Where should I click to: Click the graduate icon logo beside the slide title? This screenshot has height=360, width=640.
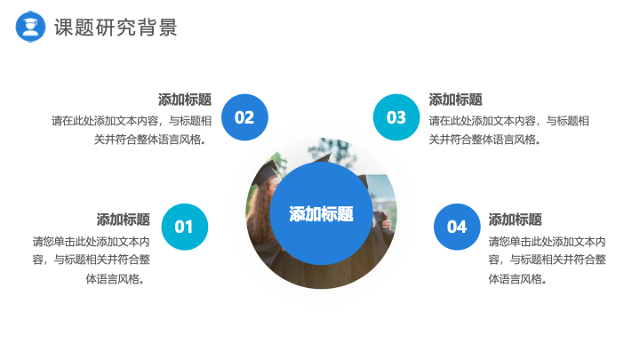tap(30, 27)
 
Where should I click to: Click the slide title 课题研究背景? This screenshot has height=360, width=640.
tap(116, 28)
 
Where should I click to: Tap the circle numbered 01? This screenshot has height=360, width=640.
tap(185, 227)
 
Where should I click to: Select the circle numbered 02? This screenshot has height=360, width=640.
tap(244, 117)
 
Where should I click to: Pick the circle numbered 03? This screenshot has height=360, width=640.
tap(396, 117)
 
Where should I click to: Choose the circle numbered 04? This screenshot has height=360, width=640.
tap(457, 227)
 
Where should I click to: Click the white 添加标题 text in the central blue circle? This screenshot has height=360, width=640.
tap(321, 214)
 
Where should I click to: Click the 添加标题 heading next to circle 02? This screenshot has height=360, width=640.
tap(185, 100)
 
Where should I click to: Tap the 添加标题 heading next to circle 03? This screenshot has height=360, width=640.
tap(455, 100)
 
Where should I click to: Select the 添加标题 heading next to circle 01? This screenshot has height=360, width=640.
tap(124, 220)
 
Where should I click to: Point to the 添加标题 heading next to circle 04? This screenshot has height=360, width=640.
tap(515, 220)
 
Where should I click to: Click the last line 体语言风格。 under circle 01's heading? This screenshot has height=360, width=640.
tap(115, 279)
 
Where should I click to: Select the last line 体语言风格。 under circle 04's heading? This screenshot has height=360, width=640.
tap(517, 279)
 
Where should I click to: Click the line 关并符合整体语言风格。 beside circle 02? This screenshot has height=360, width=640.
tap(150, 140)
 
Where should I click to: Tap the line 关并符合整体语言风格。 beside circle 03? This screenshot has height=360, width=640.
tap(485, 140)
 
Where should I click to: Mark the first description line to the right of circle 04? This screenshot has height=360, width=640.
tap(547, 242)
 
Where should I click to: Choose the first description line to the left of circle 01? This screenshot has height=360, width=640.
tap(92, 242)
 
